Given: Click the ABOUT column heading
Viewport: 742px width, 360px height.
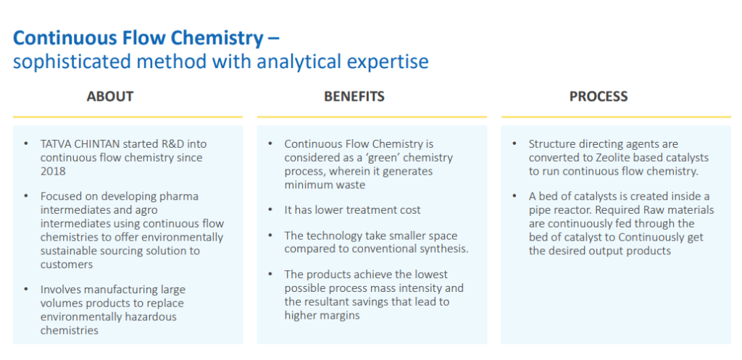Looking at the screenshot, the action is (110, 96).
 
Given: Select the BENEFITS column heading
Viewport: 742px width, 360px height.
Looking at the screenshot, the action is (354, 96).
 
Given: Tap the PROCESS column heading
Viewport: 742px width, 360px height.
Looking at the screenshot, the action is (599, 96).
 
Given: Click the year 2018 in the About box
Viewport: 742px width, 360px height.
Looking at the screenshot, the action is (53, 171).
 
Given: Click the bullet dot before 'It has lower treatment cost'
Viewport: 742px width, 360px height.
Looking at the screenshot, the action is (270, 209).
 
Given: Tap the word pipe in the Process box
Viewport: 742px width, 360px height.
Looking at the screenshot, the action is (539, 210).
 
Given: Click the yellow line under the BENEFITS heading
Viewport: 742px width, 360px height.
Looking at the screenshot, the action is (372, 117).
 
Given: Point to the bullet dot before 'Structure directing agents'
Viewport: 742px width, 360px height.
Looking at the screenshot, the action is (514, 143).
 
